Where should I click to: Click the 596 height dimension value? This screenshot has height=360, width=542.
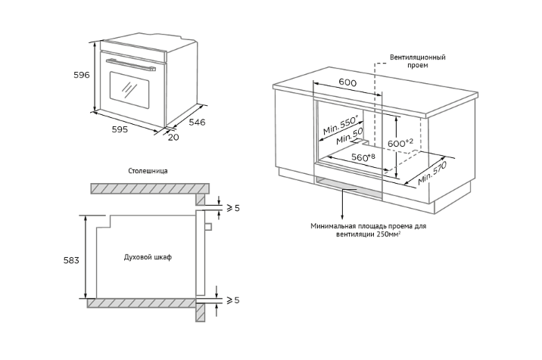82,75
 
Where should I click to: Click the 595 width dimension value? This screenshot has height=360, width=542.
120,129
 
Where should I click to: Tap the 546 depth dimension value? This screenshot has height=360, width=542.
197,122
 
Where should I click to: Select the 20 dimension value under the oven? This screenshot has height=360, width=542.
173,137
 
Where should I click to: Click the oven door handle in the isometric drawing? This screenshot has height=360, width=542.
132,64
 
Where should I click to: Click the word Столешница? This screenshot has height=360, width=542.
148,171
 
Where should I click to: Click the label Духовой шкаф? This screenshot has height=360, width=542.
148,257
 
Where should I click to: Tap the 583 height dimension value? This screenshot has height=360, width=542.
70,259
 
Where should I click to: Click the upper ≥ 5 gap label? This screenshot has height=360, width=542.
232,207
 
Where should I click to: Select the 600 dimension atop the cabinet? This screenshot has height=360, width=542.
347,82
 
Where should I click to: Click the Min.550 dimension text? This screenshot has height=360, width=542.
338,126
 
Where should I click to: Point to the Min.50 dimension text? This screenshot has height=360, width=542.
348,138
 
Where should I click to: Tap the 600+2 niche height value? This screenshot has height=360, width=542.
400,142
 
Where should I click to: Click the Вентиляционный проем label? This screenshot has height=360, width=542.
417,61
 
